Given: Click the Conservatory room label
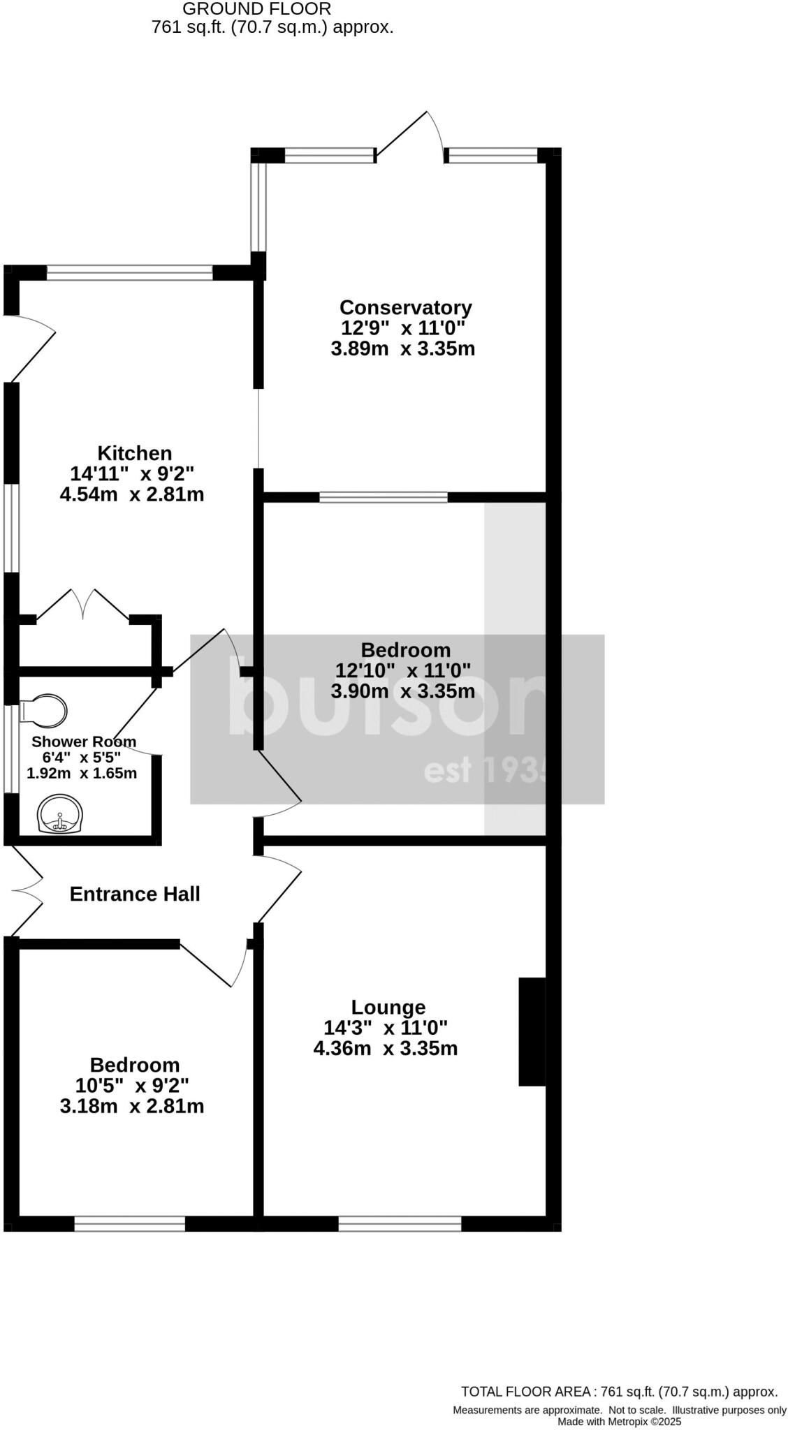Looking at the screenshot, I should coord(405,307).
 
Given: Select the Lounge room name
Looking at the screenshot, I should coord(388,1007).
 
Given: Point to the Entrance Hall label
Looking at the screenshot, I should coord(135,894).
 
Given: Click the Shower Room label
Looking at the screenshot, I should coord(84,742).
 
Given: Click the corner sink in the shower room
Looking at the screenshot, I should coord(60,815).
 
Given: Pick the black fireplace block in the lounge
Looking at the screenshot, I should coord(532,1031).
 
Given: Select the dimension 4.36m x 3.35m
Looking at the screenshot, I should coord(386,1048).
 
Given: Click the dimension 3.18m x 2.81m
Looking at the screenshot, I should coord(132,1106).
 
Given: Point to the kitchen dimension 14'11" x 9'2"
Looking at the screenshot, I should coord(132,473).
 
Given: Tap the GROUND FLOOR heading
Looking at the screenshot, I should coord(256,9).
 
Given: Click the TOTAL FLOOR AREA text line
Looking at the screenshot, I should coord(619,1392).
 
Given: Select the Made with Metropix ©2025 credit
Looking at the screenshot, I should coord(619,1422).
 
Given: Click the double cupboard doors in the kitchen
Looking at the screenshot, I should coord(82,605).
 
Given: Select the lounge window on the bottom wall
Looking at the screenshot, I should coord(400,1224).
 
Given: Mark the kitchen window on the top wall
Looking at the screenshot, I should coord(129,272).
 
